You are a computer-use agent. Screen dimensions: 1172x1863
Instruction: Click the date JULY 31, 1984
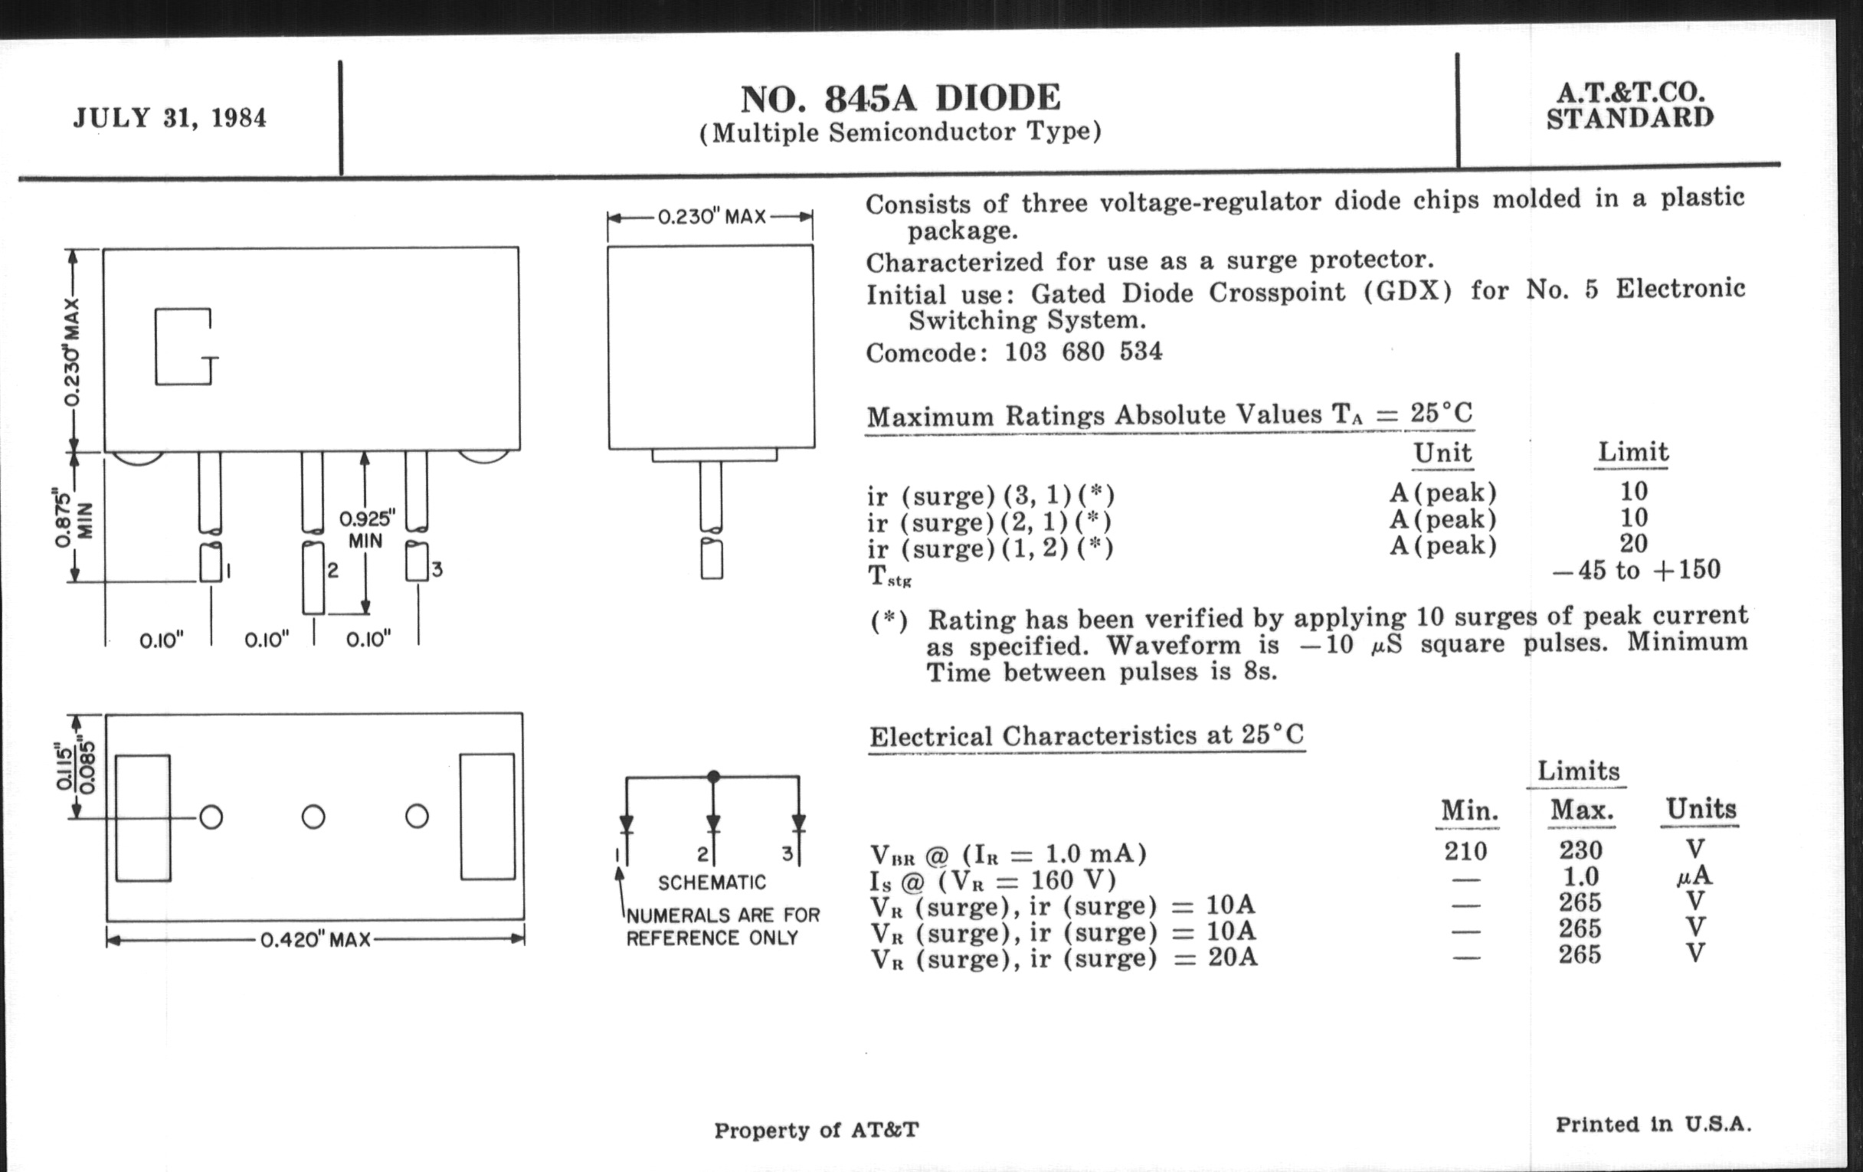pyautogui.click(x=169, y=119)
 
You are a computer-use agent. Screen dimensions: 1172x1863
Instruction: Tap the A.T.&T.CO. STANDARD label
pyautogui.click(x=1630, y=105)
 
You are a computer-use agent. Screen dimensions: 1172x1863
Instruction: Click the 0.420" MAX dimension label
pyautogui.click(x=315, y=940)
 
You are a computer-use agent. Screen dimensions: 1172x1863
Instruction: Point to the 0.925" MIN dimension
pyautogui.click(x=367, y=529)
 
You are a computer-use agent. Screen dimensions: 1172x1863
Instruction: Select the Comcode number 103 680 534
pyautogui.click(x=1083, y=352)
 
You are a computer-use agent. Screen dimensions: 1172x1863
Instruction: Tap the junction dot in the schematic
pyautogui.click(x=713, y=776)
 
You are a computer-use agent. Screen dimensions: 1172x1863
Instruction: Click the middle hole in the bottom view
pyautogui.click(x=313, y=817)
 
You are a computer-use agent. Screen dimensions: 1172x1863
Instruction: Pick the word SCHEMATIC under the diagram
pyautogui.click(x=712, y=882)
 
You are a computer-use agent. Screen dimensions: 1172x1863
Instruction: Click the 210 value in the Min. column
pyautogui.click(x=1465, y=852)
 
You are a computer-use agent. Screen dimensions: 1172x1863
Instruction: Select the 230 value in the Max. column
pyautogui.click(x=1580, y=850)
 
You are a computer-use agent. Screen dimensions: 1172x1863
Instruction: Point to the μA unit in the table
pyautogui.click(x=1697, y=876)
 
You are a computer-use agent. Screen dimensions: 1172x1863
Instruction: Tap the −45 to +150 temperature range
pyautogui.click(x=1636, y=571)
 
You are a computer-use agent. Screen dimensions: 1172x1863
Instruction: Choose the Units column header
pyautogui.click(x=1701, y=809)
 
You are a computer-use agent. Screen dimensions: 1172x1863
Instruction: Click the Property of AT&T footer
pyautogui.click(x=817, y=1130)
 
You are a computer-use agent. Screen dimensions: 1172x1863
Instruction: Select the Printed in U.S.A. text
pyautogui.click(x=1653, y=1124)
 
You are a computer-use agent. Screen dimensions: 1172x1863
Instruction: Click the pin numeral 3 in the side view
pyautogui.click(x=437, y=570)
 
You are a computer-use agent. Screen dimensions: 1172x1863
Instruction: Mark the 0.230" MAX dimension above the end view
pyautogui.click(x=711, y=217)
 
